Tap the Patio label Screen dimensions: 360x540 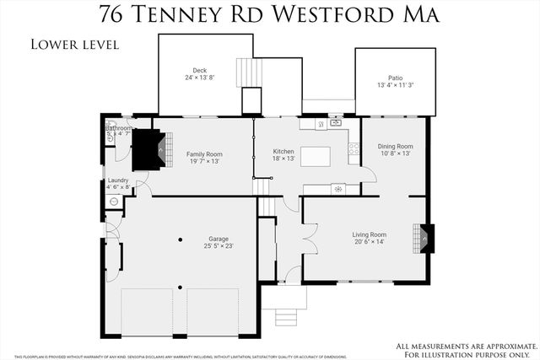coord(395,80)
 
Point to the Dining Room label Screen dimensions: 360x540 coord(395,149)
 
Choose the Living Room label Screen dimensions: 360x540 coord(369,238)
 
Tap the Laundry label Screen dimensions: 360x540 coord(117,184)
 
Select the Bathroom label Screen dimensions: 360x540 coord(118,132)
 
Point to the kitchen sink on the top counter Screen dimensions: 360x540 coord(335,124)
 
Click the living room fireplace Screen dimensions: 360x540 coord(426,238)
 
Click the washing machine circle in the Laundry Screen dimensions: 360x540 coord(113,201)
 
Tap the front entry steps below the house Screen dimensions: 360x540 coord(285,316)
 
